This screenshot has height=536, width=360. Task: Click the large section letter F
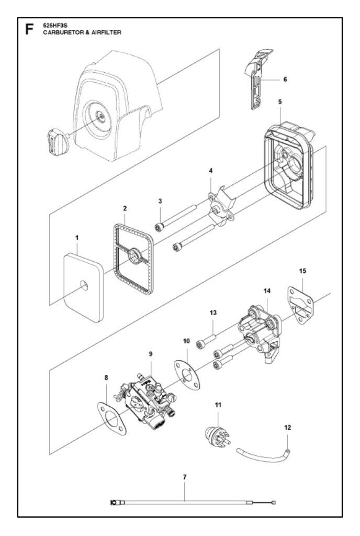[x=29, y=30]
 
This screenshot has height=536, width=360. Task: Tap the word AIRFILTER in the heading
[x=106, y=32]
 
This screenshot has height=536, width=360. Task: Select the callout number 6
[x=285, y=80]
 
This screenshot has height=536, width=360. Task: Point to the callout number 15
[x=302, y=271]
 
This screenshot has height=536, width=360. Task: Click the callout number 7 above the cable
[x=185, y=477]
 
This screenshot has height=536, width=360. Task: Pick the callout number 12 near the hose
[x=288, y=427]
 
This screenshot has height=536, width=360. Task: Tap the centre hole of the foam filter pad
[x=84, y=285]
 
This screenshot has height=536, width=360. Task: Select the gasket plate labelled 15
[x=300, y=305]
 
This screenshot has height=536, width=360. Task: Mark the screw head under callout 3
[x=160, y=227]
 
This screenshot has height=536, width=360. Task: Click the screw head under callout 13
[x=200, y=344]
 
